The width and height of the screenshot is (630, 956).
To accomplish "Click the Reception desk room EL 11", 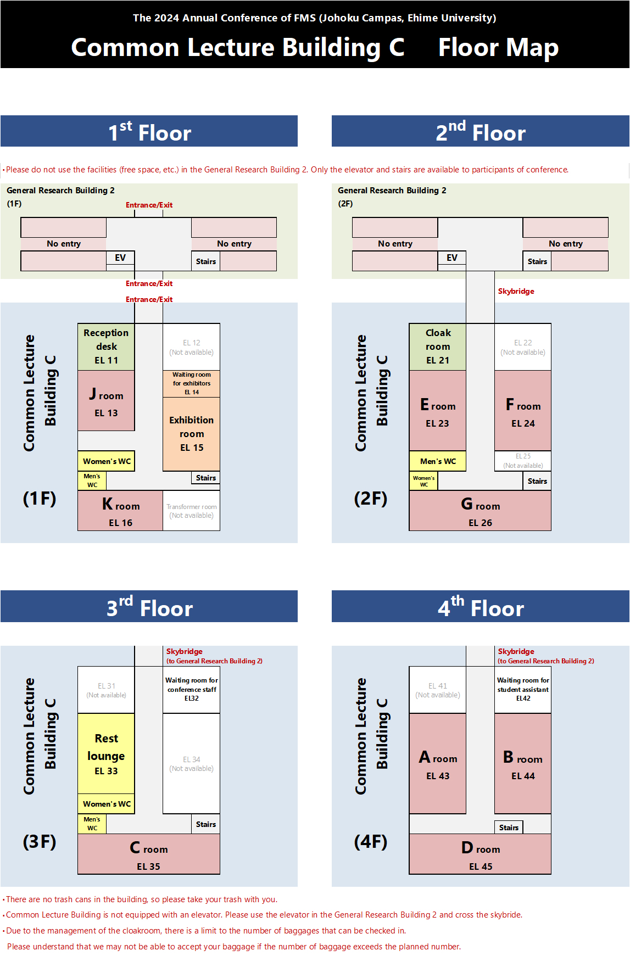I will click(106, 346).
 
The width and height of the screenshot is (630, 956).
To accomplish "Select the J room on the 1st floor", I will click(106, 401).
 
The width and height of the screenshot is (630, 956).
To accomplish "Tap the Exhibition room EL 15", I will click(191, 434).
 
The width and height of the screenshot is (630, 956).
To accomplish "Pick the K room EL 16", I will click(120, 511).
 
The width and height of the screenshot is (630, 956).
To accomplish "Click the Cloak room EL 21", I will click(438, 346).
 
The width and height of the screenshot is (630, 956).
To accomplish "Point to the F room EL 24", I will click(523, 411).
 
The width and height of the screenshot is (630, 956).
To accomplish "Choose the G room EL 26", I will click(480, 511).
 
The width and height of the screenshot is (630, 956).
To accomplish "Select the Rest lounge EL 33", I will click(106, 754).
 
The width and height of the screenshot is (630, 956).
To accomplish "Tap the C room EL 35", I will click(149, 854).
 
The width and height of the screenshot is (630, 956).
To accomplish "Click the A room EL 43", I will click(438, 764).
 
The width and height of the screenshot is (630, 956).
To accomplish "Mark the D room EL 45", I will click(480, 854).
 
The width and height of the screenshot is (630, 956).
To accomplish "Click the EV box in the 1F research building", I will click(120, 258).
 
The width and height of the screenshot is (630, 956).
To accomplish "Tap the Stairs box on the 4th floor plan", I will click(509, 828).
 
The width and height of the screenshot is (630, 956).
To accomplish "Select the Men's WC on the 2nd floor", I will click(438, 461).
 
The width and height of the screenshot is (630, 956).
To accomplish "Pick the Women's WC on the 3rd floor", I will click(107, 804).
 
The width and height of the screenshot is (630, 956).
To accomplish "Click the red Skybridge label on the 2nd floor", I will click(516, 291).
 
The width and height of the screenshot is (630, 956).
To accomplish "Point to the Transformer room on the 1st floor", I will click(191, 511).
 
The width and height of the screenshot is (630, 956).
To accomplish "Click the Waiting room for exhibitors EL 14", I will click(191, 383).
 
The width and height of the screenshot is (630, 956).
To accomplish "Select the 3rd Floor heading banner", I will click(149, 607).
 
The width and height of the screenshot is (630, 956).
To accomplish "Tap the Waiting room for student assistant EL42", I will click(523, 689).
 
